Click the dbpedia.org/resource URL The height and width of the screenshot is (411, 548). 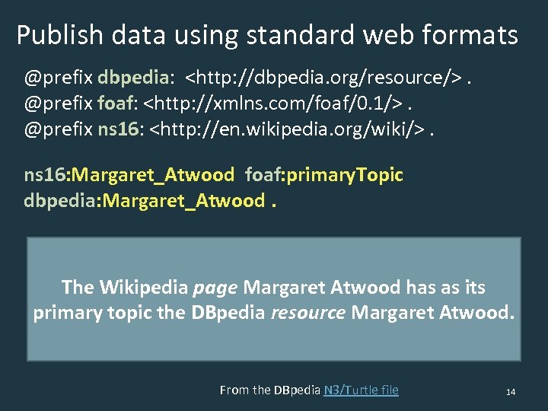point(324,77)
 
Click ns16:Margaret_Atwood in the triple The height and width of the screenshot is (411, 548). point(129,175)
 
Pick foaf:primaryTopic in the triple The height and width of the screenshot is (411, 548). point(323,175)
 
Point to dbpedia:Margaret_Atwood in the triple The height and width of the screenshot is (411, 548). point(144,200)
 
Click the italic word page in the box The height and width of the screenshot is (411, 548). point(216,288)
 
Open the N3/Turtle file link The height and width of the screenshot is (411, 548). point(361,390)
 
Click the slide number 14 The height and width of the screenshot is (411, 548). point(511,391)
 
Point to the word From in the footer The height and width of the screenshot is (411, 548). point(234,390)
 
